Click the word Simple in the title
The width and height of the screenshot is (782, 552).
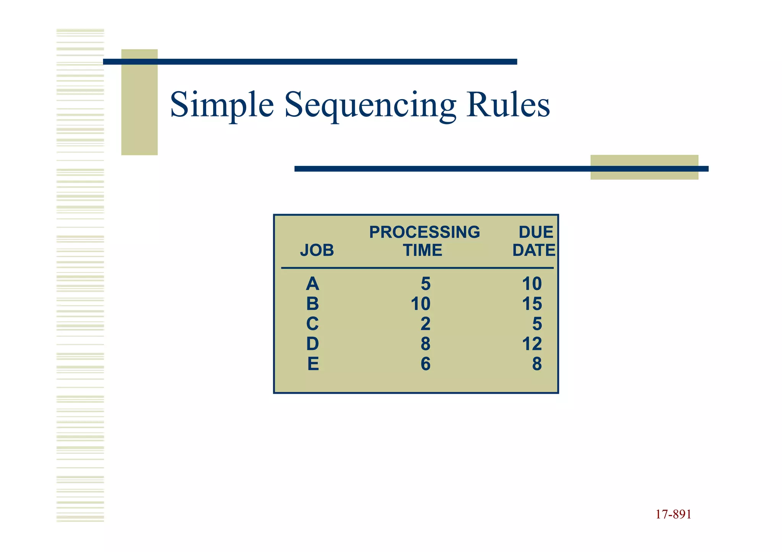[222, 105]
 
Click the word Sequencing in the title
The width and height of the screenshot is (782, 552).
[370, 105]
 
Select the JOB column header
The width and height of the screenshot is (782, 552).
[317, 250]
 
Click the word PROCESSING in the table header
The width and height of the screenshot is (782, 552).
[424, 232]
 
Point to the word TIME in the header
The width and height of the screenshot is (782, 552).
[422, 250]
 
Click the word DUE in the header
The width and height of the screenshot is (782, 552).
[535, 232]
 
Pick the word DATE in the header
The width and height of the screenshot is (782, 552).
[533, 250]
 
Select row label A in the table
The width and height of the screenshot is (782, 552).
[312, 284]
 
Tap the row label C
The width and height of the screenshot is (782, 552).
[312, 324]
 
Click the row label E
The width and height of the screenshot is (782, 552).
[313, 364]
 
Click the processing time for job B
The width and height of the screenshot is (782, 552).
[420, 304]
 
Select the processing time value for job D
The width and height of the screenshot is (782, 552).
[425, 344]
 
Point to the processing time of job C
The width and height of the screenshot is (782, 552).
[425, 324]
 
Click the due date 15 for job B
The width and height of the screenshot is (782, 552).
[532, 304]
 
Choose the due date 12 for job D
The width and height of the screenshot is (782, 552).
[532, 344]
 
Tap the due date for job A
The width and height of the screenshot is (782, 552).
[532, 284]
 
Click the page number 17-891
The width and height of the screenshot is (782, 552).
[673, 514]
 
